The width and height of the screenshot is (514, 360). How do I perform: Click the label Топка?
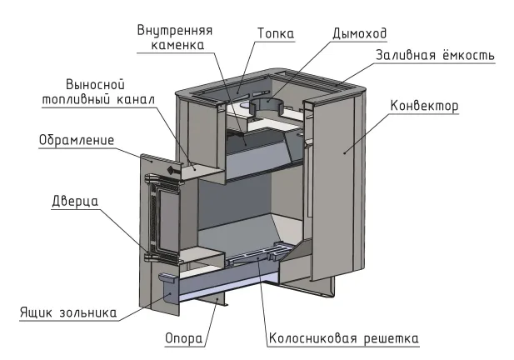(x=276, y=33)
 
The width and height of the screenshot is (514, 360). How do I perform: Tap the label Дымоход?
(x=360, y=33)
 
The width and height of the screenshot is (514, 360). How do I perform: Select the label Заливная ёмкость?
(x=435, y=55)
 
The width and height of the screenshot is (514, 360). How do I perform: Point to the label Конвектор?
(x=424, y=106)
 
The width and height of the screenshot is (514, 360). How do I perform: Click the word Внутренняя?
(x=175, y=31)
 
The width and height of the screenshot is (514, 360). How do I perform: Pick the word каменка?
(x=177, y=45)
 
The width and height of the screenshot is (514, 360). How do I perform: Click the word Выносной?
(x=96, y=85)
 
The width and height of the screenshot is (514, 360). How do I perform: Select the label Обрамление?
(x=77, y=140)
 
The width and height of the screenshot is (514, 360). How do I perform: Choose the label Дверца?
(x=75, y=201)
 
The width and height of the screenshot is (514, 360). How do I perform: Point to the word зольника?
(x=87, y=312)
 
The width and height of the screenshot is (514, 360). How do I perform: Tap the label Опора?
(x=183, y=338)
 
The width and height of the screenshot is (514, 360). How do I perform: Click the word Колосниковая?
(x=312, y=338)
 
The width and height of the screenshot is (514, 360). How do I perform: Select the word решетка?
(x=391, y=338)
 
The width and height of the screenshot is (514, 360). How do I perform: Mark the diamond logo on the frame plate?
(x=171, y=170)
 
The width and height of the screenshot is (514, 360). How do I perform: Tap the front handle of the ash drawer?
(x=168, y=277)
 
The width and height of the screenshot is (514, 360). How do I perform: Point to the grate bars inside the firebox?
(x=260, y=254)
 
